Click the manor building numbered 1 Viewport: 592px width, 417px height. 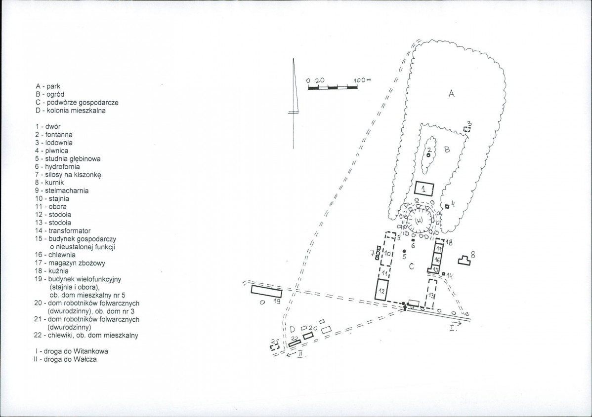coord(424,188)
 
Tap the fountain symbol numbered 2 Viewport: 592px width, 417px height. coord(428,155)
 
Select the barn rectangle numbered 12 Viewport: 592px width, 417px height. coord(381,290)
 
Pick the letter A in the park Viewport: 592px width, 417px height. coord(451,93)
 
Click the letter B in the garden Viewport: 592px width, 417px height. coord(447,150)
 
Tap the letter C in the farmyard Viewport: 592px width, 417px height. coord(412,266)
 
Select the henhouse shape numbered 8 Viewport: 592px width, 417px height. coord(464,261)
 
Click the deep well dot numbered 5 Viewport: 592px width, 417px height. coord(404,251)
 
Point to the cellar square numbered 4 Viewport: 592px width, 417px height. coord(447,206)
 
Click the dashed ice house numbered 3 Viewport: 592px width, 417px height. coord(467,129)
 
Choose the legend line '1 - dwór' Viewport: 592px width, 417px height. coord(47,127)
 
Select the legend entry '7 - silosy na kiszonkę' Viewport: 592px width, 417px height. coord(68,175)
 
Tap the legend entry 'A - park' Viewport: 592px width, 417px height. coord(48,86)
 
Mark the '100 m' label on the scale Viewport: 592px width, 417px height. coord(362,80)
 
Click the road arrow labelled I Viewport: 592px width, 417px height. coord(455,323)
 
